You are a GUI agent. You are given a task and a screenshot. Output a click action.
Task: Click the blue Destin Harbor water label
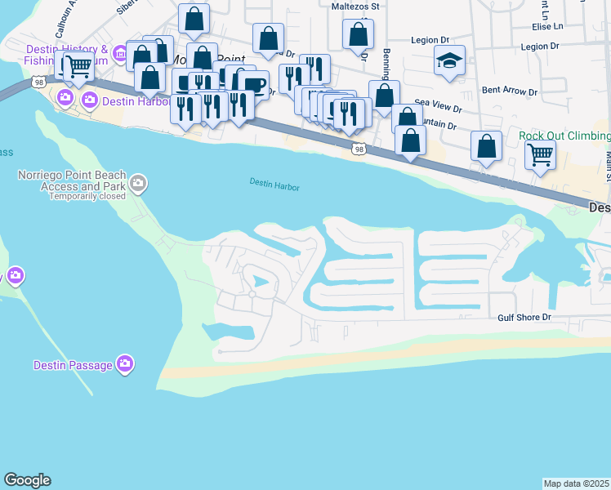274,185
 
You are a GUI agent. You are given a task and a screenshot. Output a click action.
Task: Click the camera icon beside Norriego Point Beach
138,183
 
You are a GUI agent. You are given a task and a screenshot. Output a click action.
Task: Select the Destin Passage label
73,365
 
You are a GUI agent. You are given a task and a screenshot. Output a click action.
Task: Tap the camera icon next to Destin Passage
124,363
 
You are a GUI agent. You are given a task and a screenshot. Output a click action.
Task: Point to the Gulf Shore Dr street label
524,317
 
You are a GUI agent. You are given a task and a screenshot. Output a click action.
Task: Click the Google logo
27,480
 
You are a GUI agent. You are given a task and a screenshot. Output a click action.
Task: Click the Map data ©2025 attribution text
576,483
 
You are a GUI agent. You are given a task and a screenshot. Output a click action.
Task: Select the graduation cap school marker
448,61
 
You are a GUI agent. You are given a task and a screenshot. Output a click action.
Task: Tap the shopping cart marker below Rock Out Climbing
540,154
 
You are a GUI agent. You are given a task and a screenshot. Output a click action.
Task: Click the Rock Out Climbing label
564,136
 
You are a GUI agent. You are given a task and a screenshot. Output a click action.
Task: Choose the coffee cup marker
254,84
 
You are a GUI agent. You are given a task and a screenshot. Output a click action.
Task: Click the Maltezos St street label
355,6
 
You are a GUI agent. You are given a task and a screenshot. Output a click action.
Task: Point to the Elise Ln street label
547,26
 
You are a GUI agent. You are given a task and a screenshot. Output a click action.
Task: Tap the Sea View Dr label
438,107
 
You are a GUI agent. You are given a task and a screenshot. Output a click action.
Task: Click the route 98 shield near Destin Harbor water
359,148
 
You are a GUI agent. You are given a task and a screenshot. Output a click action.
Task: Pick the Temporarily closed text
87,196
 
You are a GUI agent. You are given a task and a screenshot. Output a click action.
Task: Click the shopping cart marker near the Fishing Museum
78,67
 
